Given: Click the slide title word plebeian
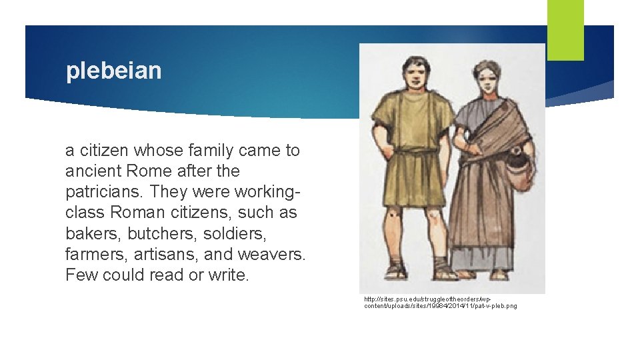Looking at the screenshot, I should click(x=113, y=71).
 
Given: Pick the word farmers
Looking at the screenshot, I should click(x=95, y=254).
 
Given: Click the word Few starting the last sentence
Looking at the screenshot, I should click(x=81, y=275).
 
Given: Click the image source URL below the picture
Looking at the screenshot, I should click(x=440, y=303).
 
